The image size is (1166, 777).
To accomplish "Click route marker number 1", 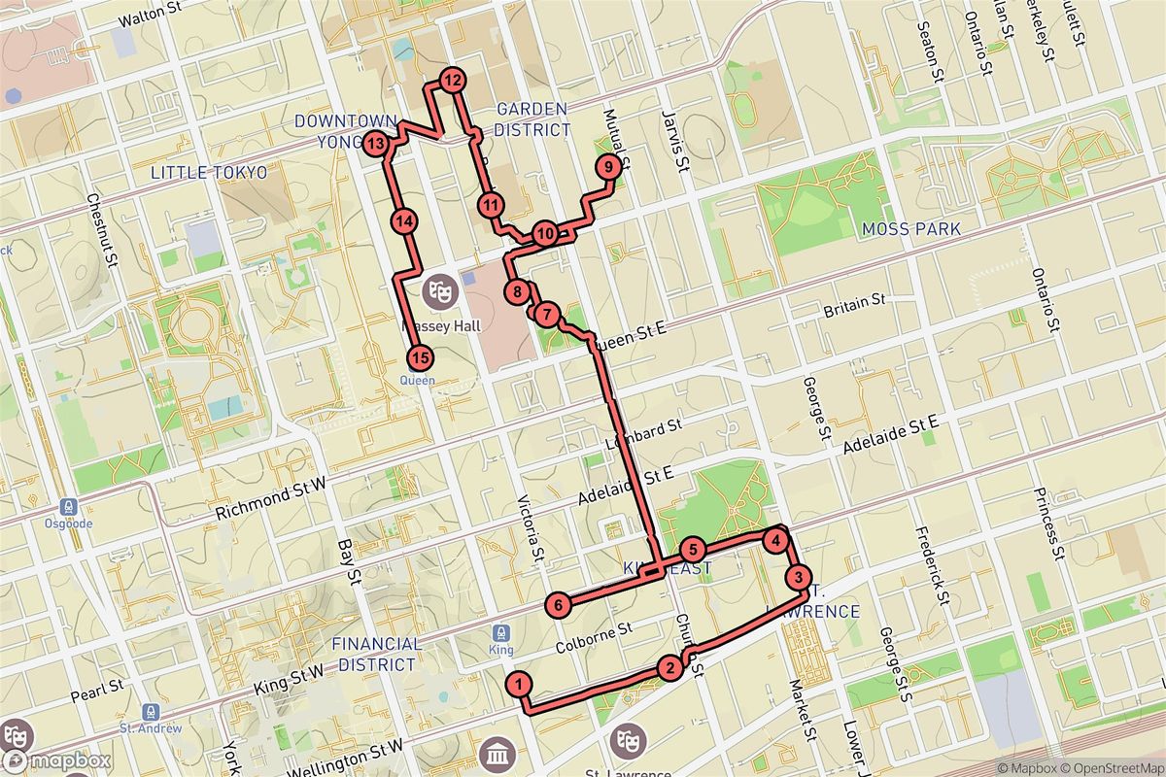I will (x=521, y=684).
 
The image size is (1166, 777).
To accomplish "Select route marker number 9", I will (x=606, y=168).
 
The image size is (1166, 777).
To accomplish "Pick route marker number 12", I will (x=452, y=81).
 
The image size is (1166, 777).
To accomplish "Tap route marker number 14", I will (x=405, y=221).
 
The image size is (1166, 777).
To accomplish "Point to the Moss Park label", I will (x=910, y=229).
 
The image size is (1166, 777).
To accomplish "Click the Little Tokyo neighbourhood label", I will (x=209, y=172).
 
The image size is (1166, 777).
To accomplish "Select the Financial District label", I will (x=377, y=654).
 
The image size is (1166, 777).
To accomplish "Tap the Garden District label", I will (x=532, y=118).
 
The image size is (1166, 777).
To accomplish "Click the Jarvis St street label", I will (x=674, y=142).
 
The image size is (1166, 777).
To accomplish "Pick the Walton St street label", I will (x=151, y=19).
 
